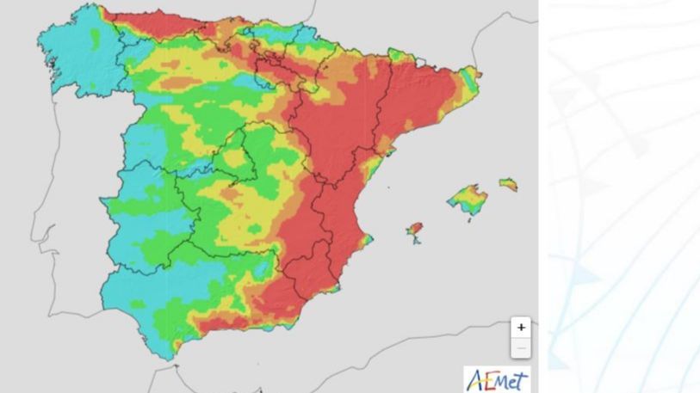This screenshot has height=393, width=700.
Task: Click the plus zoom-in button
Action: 521,328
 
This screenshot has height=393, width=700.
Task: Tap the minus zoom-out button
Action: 521,347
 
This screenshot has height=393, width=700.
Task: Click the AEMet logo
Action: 497,379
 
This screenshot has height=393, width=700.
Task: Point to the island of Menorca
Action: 509,184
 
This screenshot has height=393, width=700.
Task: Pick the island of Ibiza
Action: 415,231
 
